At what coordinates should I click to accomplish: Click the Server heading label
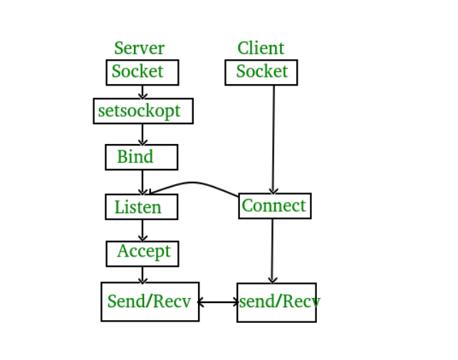(139, 48)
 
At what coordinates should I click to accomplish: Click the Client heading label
(261, 48)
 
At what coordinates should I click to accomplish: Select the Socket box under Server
(142, 72)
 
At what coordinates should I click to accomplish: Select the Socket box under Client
(261, 72)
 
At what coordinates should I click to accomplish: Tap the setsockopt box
(143, 111)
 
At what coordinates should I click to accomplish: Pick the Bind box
(141, 157)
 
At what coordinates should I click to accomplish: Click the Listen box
(141, 207)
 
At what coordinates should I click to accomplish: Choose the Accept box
(142, 253)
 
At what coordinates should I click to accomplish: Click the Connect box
(274, 206)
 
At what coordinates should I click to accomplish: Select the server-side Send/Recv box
(150, 302)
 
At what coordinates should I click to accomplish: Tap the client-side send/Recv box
(276, 302)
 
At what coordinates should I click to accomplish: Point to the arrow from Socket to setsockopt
(142, 92)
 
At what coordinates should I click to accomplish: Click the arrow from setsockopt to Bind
(142, 134)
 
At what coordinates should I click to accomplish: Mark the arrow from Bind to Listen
(142, 182)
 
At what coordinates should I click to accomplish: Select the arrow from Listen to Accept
(142, 230)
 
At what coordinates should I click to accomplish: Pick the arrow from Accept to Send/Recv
(142, 274)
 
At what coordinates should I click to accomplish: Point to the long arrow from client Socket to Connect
(274, 139)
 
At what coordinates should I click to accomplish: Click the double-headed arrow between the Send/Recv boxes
(218, 302)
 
